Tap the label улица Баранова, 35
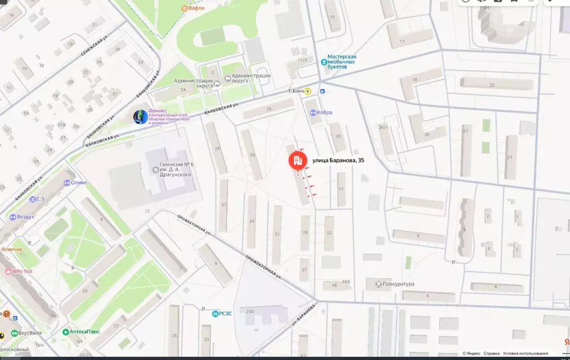click(x=338, y=161)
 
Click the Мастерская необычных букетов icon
click(x=324, y=62)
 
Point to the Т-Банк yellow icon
click(x=307, y=91)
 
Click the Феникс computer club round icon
click(x=140, y=117)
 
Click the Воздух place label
click(x=25, y=216)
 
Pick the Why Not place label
click(x=22, y=272)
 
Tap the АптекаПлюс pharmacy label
click(x=84, y=332)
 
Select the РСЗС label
click(x=224, y=313)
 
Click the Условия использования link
click(x=525, y=353)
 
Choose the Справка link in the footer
click(x=492, y=353)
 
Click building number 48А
click(x=346, y=282)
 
